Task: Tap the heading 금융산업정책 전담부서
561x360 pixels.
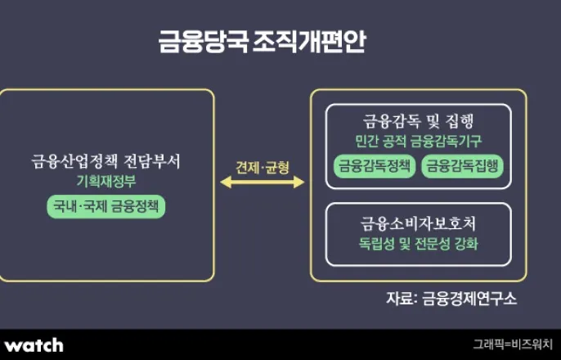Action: [x=106, y=162]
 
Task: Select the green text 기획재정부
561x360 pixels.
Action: [x=106, y=181]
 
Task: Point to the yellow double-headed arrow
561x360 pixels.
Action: [x=263, y=182]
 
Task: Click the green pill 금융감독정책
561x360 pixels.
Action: [x=375, y=165]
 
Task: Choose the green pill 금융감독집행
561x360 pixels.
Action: [x=462, y=165]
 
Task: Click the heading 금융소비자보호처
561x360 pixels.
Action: [x=418, y=223]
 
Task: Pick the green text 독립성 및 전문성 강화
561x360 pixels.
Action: [x=418, y=243]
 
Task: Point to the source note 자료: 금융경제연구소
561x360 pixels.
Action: [x=451, y=297]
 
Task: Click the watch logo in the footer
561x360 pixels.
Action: [x=34, y=344]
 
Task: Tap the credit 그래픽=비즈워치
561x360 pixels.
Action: [x=512, y=344]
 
